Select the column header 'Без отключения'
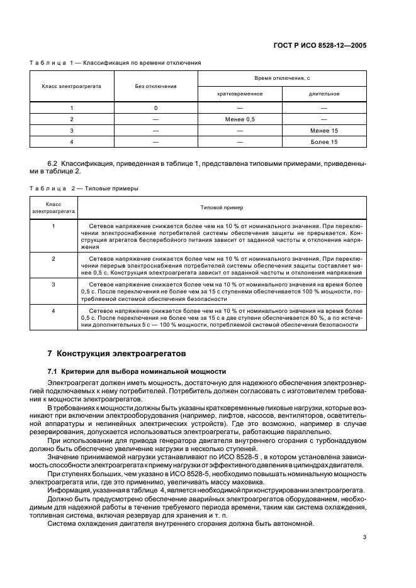(155, 86)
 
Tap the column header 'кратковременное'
(240, 94)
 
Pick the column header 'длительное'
(324, 94)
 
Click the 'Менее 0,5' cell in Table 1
(240, 119)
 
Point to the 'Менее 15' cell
(324, 131)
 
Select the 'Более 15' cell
(324, 142)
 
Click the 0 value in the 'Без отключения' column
(155, 108)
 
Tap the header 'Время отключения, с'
(282, 78)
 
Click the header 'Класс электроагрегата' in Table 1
(72, 86)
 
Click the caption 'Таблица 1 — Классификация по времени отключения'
(115, 63)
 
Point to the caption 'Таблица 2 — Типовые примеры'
(84, 188)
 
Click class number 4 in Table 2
(53, 310)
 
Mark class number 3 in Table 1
(72, 131)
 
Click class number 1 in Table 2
(53, 225)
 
